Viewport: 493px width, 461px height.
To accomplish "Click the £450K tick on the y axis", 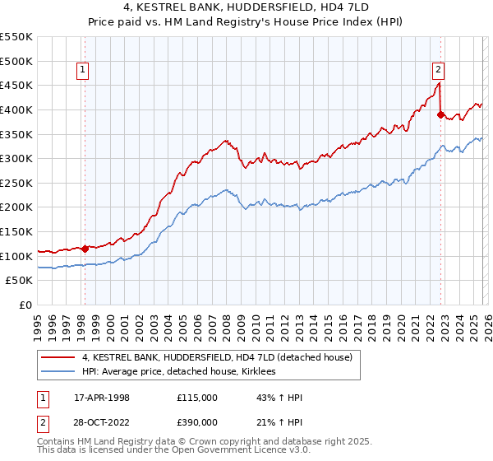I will click(16, 85).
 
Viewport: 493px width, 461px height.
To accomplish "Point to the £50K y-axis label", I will click(19, 281).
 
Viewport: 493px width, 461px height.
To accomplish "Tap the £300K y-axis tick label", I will click(16, 158).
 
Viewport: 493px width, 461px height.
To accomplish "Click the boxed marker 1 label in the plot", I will click(84, 71).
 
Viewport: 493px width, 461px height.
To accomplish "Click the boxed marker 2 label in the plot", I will click(439, 71).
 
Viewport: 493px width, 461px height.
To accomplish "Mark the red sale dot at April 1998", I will click(85, 248).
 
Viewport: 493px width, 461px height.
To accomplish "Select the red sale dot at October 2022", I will click(441, 114).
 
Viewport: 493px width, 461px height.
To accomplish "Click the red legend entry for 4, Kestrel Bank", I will click(217, 357).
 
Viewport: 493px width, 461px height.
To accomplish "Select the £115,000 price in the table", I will click(197, 398).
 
